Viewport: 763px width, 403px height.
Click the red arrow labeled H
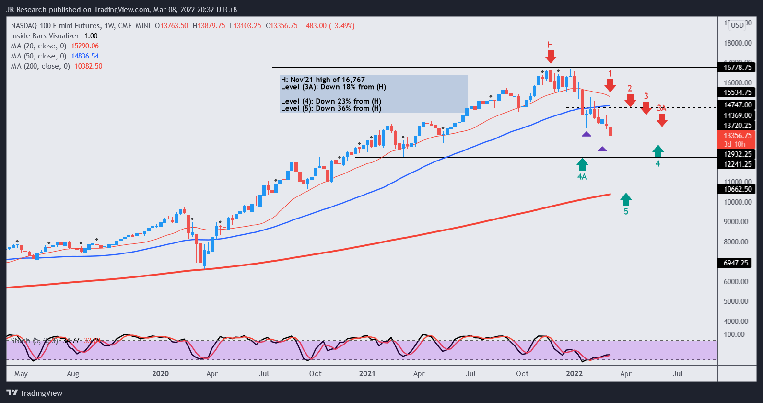(551, 57)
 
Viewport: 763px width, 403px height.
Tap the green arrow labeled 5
(626, 199)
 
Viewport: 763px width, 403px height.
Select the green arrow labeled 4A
(582, 164)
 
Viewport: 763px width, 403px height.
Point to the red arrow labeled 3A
(662, 120)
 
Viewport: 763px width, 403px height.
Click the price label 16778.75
(737, 68)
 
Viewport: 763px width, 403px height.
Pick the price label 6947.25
(736, 263)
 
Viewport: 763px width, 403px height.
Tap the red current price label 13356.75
(737, 136)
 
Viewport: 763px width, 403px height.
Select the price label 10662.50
(737, 189)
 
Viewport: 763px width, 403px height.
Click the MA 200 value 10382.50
(88, 66)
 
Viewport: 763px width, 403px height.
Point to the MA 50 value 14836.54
(85, 56)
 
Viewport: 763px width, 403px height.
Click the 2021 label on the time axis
(367, 374)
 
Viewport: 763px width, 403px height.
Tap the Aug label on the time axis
(73, 374)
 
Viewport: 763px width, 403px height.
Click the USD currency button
(737, 25)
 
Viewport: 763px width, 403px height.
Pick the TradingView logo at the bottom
(35, 393)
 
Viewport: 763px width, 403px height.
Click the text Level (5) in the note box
(297, 108)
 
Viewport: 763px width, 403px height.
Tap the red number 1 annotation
(610, 74)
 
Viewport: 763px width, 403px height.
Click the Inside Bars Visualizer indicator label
(45, 36)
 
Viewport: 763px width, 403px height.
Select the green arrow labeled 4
(658, 151)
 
